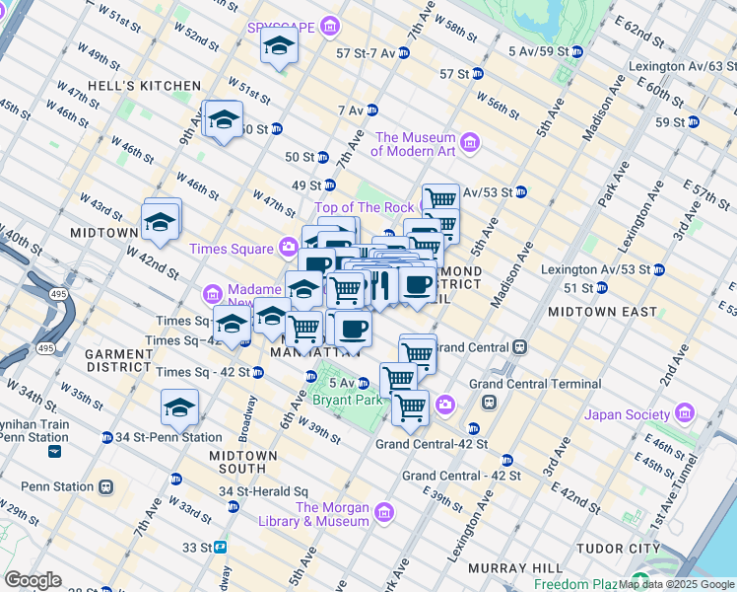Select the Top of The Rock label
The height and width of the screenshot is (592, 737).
[364, 207]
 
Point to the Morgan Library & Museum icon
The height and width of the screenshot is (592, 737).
[383, 511]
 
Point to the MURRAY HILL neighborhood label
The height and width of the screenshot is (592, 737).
[501, 568]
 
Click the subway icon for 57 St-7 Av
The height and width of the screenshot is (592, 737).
[404, 52]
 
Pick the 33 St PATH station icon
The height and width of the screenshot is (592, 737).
[222, 547]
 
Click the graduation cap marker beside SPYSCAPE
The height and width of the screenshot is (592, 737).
[280, 46]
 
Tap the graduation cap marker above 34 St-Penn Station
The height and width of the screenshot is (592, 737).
[179, 407]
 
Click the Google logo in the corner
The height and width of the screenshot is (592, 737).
[33, 580]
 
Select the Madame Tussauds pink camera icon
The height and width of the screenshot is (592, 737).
[213, 293]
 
